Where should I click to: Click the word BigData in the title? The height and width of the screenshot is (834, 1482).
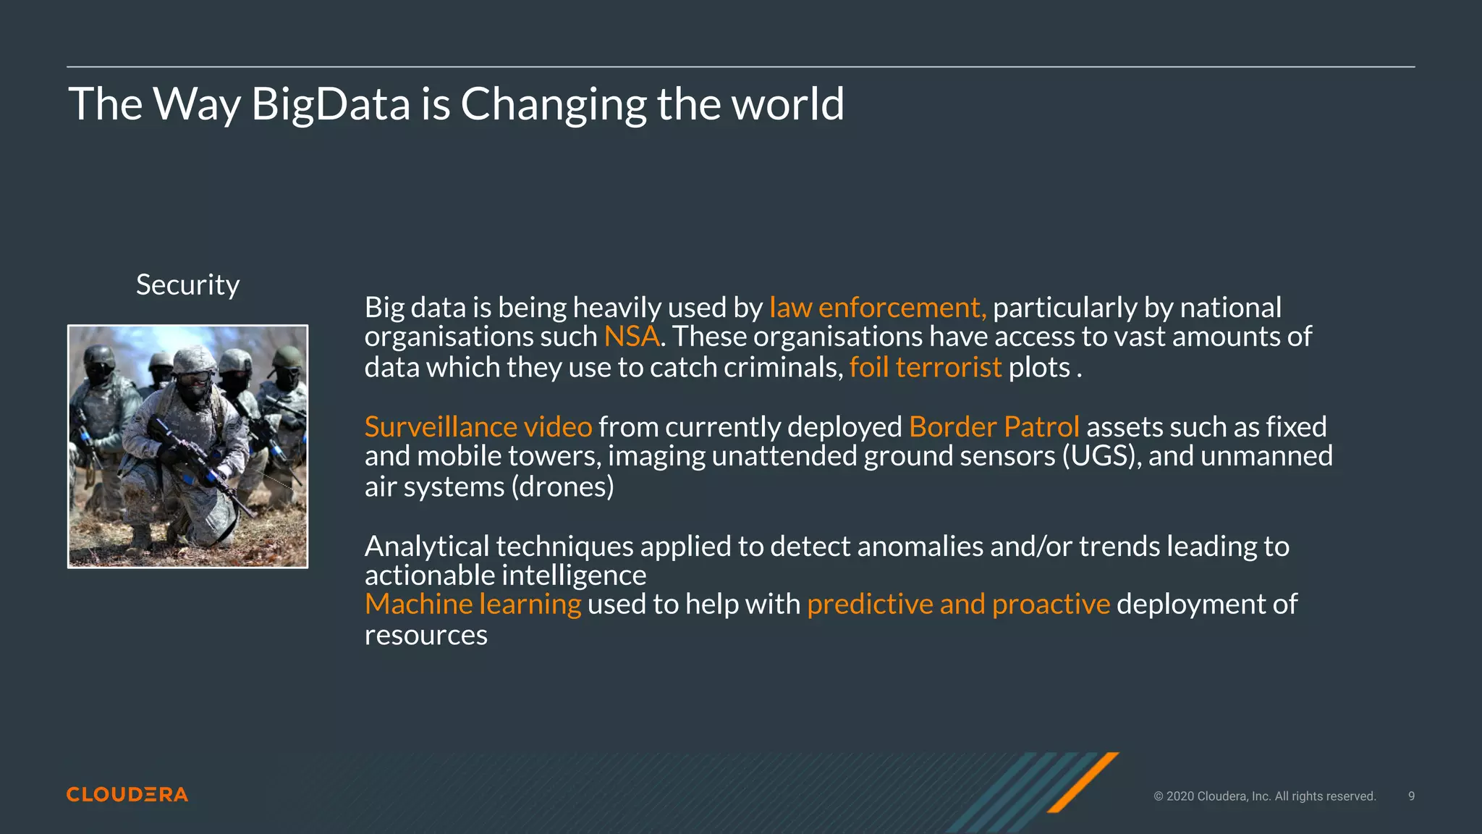coord(331,104)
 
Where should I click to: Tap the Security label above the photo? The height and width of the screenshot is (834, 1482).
coord(187,285)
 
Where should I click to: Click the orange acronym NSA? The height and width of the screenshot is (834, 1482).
coord(631,337)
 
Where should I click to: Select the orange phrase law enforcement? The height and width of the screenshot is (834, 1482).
coord(877,308)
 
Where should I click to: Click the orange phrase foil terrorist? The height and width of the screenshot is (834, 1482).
coord(925,368)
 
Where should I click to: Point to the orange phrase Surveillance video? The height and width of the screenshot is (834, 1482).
coord(478,427)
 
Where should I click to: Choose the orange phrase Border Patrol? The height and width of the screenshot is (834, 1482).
coord(994,427)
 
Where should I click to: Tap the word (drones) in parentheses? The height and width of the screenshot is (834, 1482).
coord(562,486)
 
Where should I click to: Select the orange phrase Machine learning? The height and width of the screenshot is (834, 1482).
coord(473,605)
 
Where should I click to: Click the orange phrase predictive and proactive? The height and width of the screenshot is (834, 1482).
coord(957,605)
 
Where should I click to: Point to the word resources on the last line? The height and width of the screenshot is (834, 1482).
coord(425,635)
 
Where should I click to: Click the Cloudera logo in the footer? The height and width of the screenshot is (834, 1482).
coord(127,794)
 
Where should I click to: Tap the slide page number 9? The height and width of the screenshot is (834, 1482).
coord(1411,796)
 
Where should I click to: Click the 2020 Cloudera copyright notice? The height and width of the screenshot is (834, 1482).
coord(1264,796)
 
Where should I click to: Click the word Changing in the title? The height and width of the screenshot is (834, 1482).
coord(554,104)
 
